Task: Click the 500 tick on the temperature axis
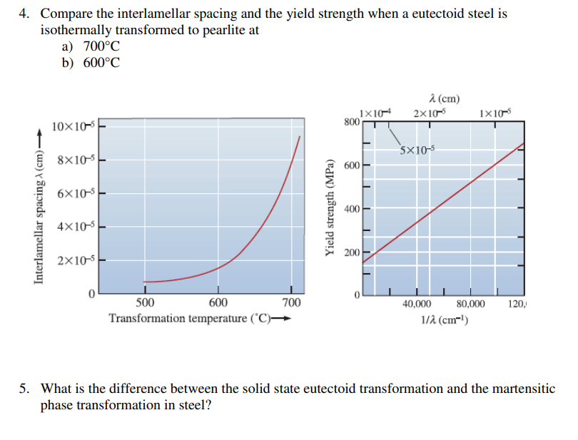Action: [x=145, y=302]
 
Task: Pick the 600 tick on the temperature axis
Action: [x=218, y=302]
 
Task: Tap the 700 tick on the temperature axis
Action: [x=291, y=302]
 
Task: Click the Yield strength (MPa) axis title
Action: [x=330, y=207]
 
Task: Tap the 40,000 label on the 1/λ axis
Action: [x=416, y=305]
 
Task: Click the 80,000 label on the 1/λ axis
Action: [x=471, y=305]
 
